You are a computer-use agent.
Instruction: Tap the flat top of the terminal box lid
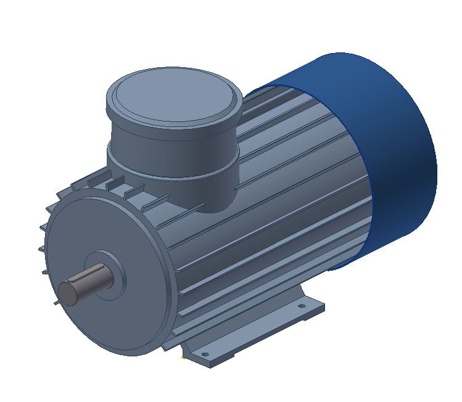173,96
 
